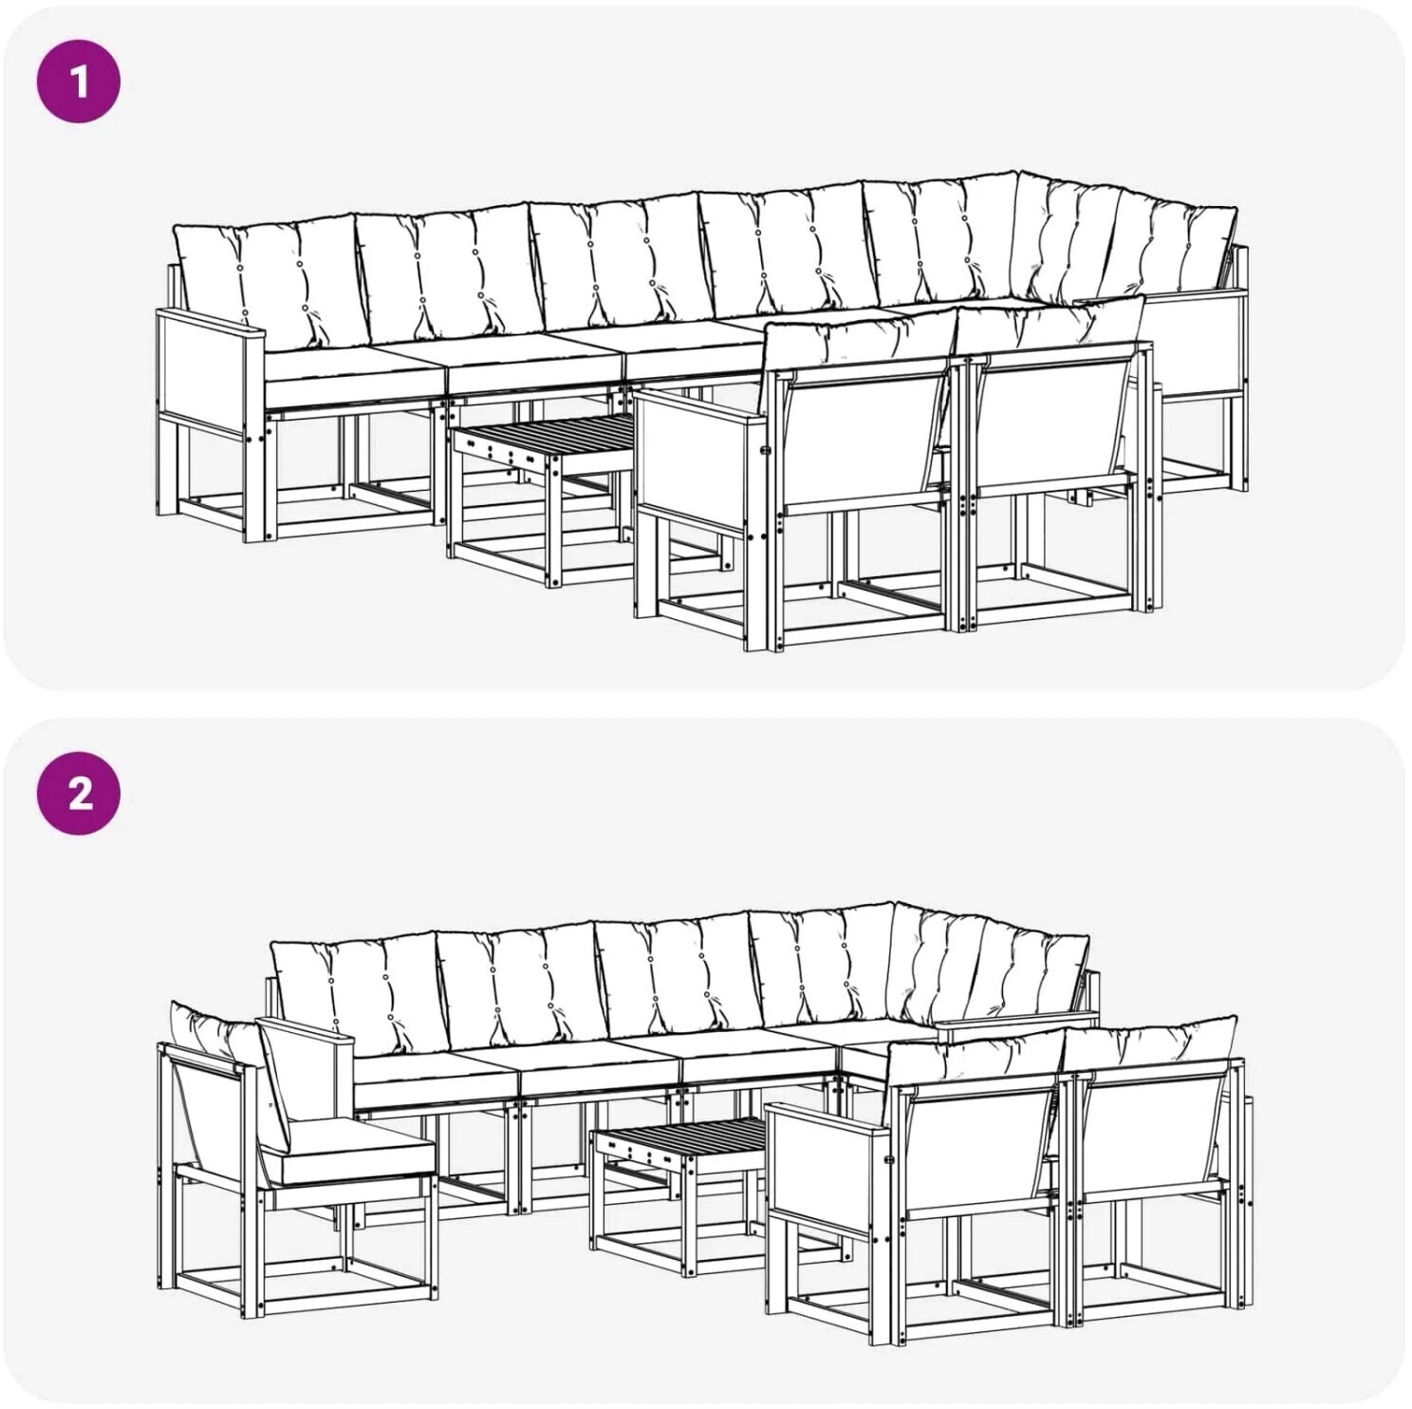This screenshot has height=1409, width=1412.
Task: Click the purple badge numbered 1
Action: click(x=79, y=81)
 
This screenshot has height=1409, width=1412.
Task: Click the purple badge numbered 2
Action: click(x=79, y=793)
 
